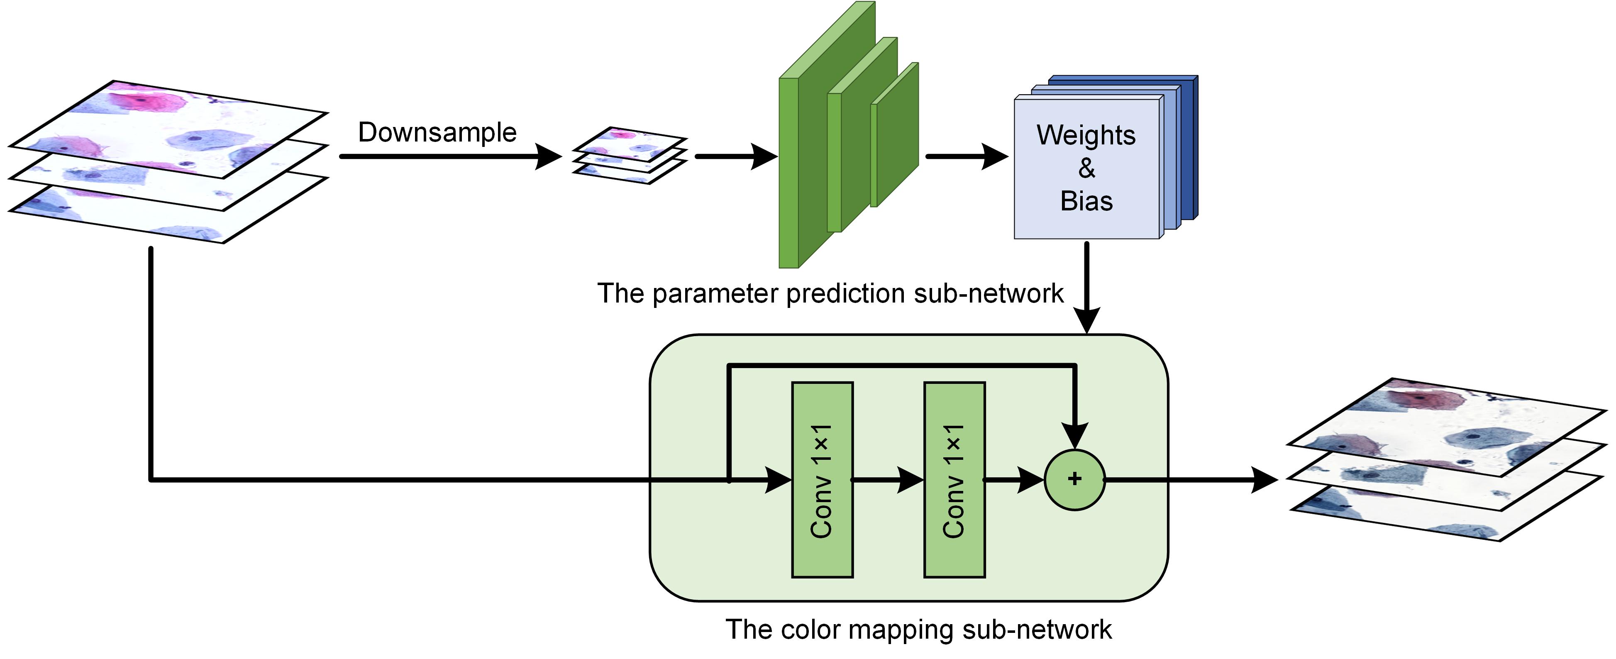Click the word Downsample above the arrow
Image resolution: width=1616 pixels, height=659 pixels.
click(437, 133)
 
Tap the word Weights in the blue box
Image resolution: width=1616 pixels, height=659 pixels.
click(1086, 135)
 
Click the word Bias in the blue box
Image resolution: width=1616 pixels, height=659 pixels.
click(1086, 201)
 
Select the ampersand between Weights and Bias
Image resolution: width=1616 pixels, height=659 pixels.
click(1086, 168)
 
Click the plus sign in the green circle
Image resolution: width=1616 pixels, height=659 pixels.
click(1074, 479)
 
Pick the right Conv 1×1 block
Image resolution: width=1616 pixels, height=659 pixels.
click(954, 480)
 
